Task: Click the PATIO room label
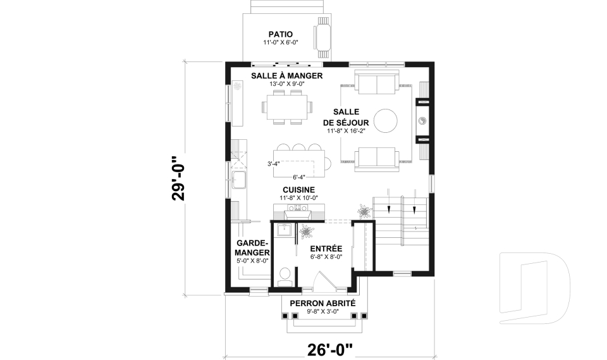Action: [x=281, y=35]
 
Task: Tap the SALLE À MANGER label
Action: [x=287, y=75]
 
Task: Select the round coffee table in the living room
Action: [x=385, y=120]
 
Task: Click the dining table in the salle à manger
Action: [x=286, y=108]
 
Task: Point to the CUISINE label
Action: [x=298, y=190]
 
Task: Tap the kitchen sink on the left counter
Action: [x=239, y=180]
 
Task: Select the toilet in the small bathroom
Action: [x=285, y=276]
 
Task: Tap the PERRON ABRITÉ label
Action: [x=322, y=304]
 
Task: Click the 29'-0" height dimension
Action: [x=178, y=178]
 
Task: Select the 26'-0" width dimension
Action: [x=330, y=350]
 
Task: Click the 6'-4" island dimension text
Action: [x=299, y=178]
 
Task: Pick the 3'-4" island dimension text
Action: [x=274, y=163]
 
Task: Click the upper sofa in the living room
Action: [x=377, y=82]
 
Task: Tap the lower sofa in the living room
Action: [x=377, y=159]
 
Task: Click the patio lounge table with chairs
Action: [x=323, y=37]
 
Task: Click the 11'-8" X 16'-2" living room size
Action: [x=346, y=131]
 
